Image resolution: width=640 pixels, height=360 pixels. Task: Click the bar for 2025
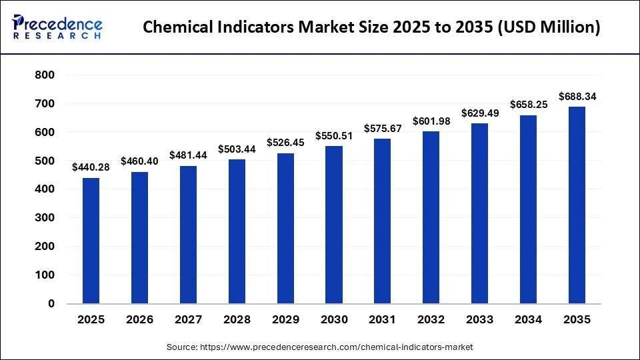point(91,241)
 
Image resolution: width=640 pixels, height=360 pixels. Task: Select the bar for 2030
point(334,225)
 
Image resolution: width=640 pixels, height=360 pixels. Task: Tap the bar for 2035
point(577,205)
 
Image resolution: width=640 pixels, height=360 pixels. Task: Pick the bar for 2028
point(237,231)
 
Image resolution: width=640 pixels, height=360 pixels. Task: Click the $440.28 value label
point(91,167)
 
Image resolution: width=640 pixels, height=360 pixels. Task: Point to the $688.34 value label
point(577,97)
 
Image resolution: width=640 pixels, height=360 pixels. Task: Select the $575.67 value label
point(383,128)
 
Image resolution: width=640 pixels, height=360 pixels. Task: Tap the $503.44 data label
point(237,148)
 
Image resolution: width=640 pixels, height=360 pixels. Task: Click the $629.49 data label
point(480,113)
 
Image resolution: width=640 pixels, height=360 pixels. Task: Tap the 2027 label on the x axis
point(188,320)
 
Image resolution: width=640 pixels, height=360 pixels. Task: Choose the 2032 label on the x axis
point(431,320)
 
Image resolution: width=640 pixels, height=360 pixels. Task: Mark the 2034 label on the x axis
point(529,320)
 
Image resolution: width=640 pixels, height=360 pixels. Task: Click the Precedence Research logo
point(57,27)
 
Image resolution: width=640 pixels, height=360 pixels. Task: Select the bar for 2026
point(139,237)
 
